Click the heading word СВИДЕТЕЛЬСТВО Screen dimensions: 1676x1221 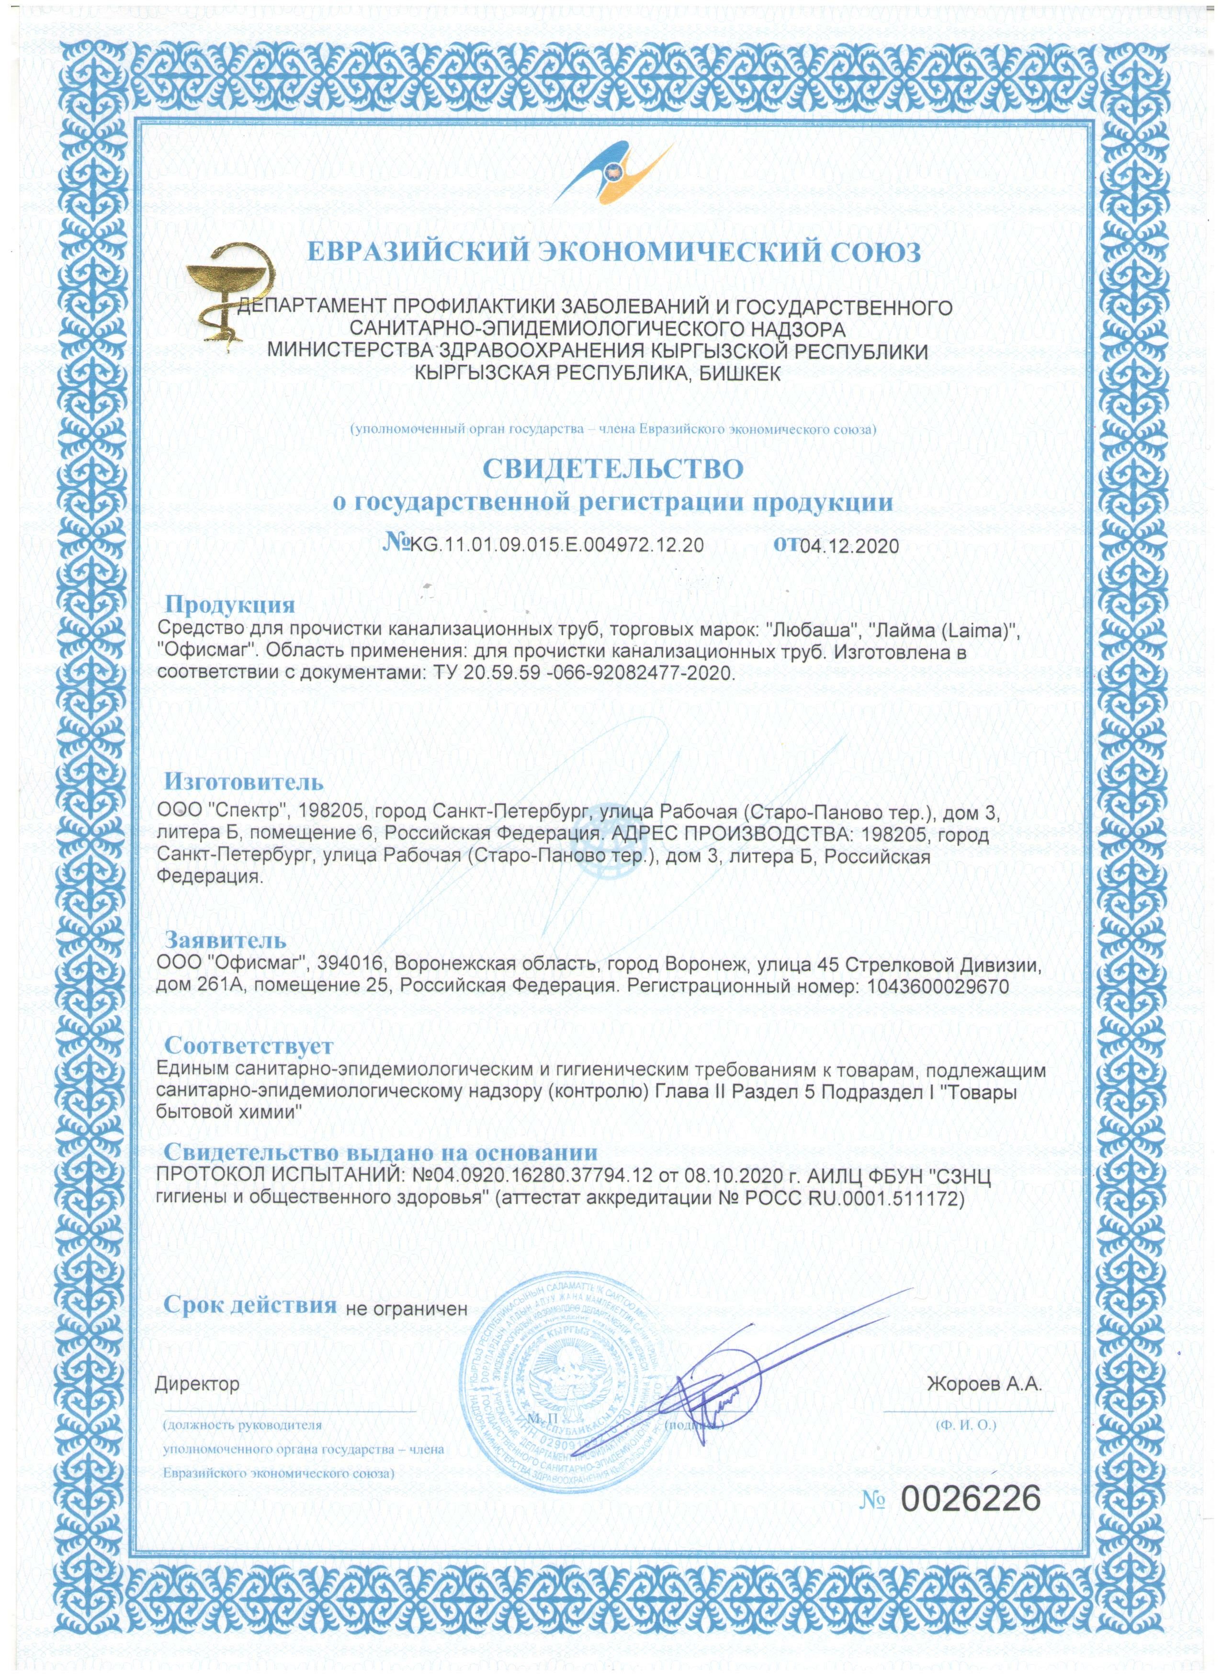coord(613,469)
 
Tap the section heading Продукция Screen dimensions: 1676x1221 coord(229,605)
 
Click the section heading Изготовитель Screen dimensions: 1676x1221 coord(243,781)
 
